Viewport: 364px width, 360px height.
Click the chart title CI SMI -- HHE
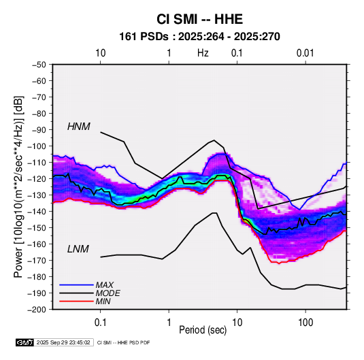(x=199, y=19)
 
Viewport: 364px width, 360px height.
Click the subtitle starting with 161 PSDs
(x=199, y=37)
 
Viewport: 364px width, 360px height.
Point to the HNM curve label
(x=79, y=127)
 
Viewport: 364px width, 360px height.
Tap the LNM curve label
(x=78, y=249)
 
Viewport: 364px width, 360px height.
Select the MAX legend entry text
(x=105, y=285)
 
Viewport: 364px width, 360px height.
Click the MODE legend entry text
(x=107, y=293)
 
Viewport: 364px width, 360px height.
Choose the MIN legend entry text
(x=103, y=301)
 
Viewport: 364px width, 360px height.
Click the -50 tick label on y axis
(x=39, y=65)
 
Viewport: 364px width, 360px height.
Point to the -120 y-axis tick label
(x=37, y=179)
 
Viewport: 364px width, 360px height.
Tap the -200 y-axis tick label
(x=37, y=310)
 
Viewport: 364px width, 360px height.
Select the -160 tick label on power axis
(x=37, y=244)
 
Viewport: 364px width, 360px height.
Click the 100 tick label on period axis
(x=305, y=323)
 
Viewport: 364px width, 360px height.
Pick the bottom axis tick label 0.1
(x=100, y=323)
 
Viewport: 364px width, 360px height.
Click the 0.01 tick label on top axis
(x=305, y=53)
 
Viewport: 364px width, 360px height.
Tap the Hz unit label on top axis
(x=203, y=53)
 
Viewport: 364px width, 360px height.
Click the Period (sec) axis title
(x=203, y=330)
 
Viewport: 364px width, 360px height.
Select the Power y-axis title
(x=18, y=187)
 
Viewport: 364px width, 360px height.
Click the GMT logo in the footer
(x=25, y=342)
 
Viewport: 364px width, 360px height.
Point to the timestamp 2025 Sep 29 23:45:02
(x=63, y=342)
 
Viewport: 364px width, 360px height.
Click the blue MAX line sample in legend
(x=76, y=285)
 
